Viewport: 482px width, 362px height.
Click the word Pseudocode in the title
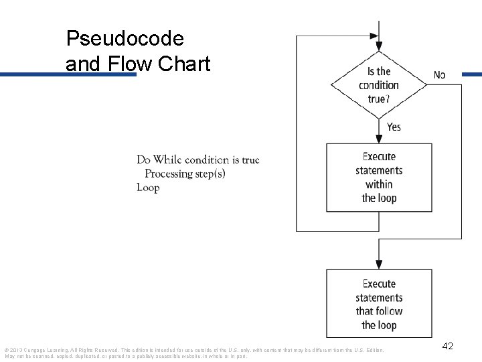pos(125,38)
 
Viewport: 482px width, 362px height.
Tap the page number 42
pos(448,346)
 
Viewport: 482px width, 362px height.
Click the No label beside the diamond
pos(439,75)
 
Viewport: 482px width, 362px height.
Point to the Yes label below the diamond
pos(394,127)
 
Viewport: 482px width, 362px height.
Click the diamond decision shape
pos(379,85)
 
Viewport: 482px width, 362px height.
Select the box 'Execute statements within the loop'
pos(379,177)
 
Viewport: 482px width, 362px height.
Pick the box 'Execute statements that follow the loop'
pos(379,304)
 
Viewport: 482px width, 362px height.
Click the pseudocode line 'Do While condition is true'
pos(197,160)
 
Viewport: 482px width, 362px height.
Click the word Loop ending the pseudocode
pos(148,188)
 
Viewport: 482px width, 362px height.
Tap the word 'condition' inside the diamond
pos(379,85)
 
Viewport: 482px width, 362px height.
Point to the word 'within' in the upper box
pos(379,184)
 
